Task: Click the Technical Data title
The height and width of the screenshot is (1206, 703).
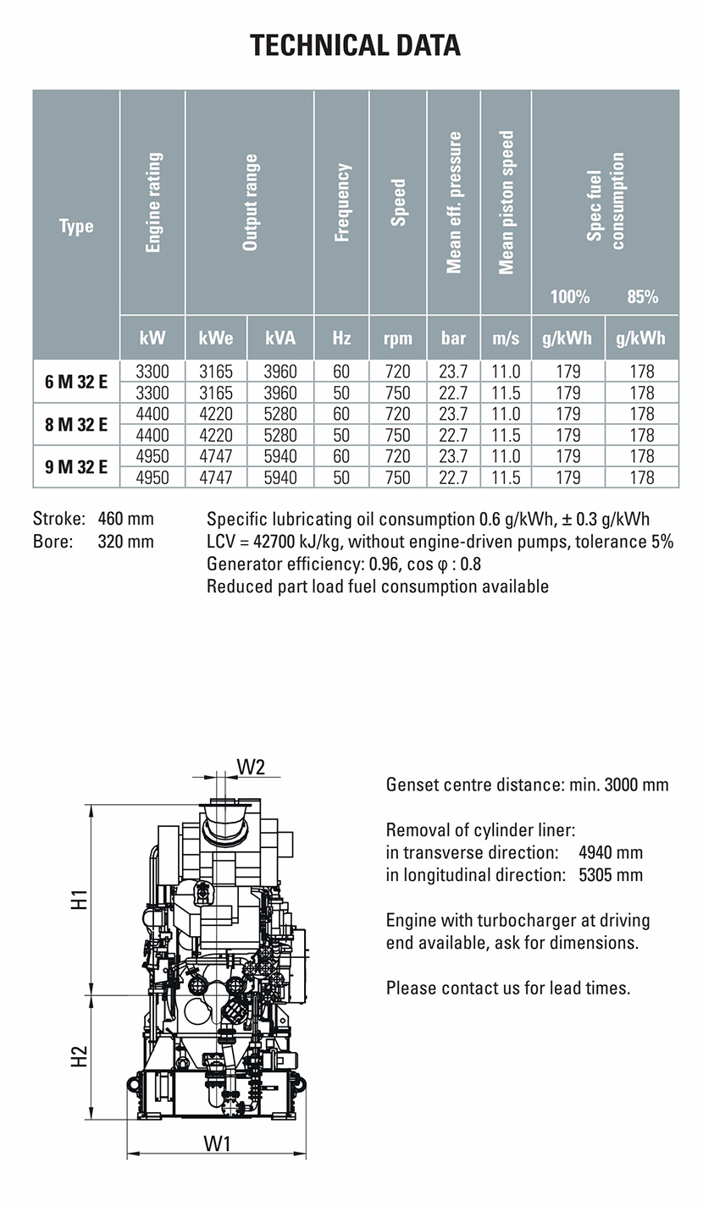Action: click(355, 45)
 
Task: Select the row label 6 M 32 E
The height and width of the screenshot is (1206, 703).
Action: click(76, 382)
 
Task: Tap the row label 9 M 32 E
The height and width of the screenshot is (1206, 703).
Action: click(76, 466)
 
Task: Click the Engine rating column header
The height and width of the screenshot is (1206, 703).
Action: click(153, 202)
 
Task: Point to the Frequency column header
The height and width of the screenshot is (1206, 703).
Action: click(342, 202)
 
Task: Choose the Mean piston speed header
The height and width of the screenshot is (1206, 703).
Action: click(506, 202)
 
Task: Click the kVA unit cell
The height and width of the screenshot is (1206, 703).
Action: click(280, 338)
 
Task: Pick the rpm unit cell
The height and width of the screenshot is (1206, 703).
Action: click(398, 338)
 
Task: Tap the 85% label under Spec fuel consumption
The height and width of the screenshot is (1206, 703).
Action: click(642, 296)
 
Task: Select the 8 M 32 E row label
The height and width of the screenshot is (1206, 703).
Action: click(76, 424)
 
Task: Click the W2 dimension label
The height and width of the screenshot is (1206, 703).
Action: click(251, 767)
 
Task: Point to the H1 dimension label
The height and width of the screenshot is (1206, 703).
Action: click(79, 899)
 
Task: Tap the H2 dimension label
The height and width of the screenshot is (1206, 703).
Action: click(79, 1056)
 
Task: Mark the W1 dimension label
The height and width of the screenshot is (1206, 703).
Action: click(218, 1143)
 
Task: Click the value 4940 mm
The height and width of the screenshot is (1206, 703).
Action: click(610, 852)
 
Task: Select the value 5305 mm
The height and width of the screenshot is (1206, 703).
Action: click(610, 874)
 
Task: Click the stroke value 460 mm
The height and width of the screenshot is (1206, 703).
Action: click(126, 518)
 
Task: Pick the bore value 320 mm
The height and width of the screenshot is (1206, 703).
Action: click(126, 541)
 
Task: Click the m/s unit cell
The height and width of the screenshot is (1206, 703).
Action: click(506, 338)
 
